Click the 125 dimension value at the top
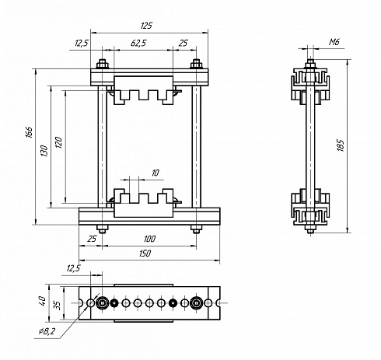coord(146,26)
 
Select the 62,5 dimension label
coord(138,43)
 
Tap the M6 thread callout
coord(334,42)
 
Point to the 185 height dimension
coord(341,145)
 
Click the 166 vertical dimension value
coord(30,132)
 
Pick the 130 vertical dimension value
coord(44,151)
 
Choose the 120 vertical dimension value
coord(58,142)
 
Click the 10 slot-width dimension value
coord(155,173)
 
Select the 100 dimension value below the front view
coord(149,239)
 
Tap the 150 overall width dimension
coord(145,253)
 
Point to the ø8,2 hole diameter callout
coord(47,330)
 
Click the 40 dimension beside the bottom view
coord(42,301)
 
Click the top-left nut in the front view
coord(103,64)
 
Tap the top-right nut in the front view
coord(197,64)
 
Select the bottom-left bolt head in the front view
coord(103,229)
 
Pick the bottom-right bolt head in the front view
coord(197,229)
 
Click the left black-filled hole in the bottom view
coord(114,302)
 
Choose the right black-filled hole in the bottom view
coord(173,302)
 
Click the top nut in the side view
coord(310,64)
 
